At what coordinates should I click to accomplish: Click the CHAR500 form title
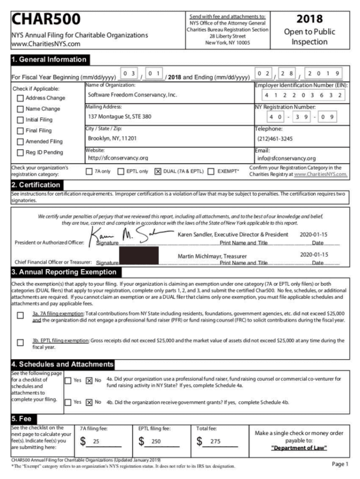pos(45,20)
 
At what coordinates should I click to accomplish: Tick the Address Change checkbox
pos(20,98)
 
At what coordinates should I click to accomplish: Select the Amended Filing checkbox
pos(20,141)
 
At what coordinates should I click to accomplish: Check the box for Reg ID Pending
pos(20,152)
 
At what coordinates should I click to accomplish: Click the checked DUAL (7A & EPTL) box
pos(158,171)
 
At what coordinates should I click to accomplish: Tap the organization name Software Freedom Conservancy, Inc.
pos(132,94)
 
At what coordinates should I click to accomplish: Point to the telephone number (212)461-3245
pos(275,138)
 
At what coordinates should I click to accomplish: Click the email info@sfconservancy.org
pos(286,158)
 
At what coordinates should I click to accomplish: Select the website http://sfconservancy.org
pos(118,158)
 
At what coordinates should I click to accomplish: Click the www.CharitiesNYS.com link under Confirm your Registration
pos(320,174)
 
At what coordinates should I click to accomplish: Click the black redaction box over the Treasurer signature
pos(139,255)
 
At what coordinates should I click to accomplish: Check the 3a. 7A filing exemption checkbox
pos(20,315)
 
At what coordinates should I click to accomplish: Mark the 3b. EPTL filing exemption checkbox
pos(20,342)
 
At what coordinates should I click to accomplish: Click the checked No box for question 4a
pos(89,381)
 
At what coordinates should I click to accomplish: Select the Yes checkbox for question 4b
pos(68,402)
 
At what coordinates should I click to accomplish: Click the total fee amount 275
pos(215,441)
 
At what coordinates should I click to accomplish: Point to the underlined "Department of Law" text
pos(299,448)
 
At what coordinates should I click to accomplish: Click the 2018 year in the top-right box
pos(310,19)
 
